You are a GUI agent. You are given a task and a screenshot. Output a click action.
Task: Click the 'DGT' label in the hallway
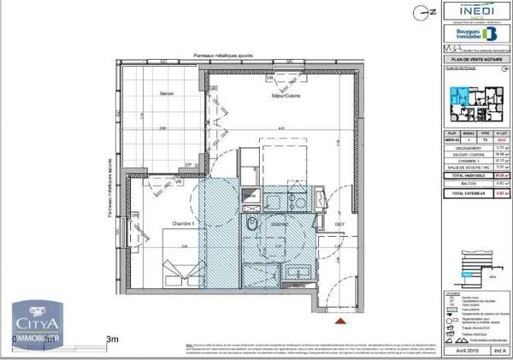click(339, 224)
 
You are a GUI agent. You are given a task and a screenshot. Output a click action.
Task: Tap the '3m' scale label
click(111, 340)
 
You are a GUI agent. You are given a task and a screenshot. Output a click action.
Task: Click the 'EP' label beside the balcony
click(187, 167)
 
